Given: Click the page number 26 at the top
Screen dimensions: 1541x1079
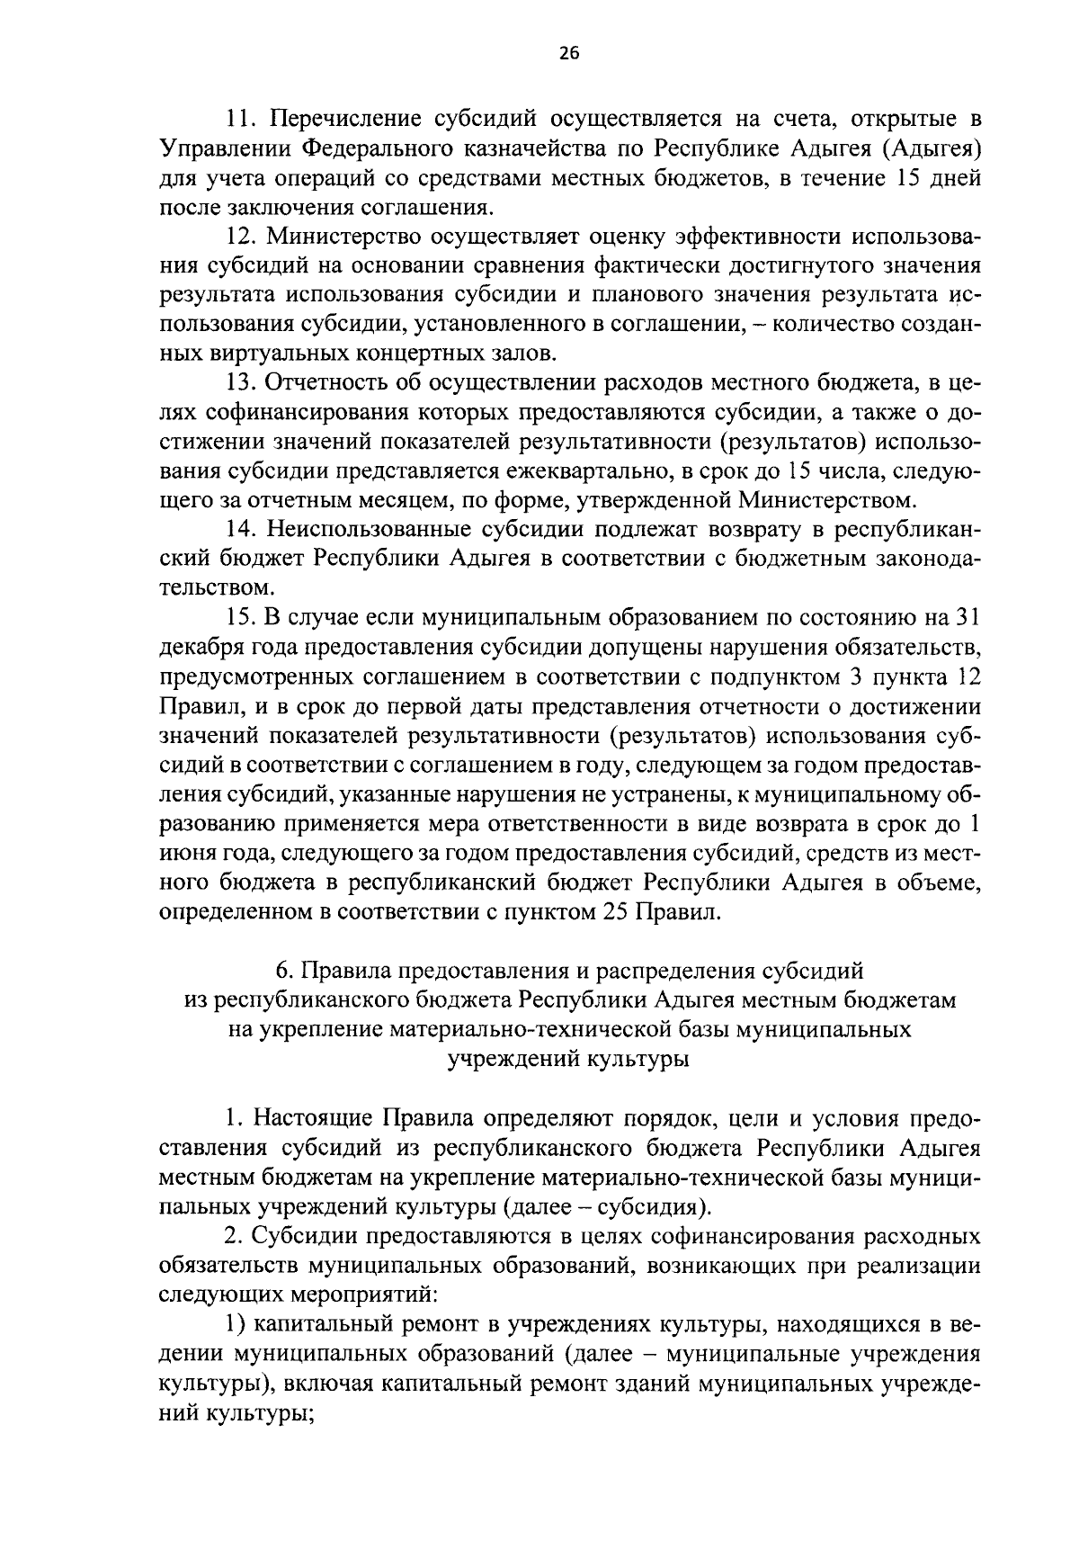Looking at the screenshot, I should point(568,53).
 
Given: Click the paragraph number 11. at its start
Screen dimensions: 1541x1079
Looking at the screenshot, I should point(242,119).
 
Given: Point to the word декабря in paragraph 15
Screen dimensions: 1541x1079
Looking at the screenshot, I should point(192,647).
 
